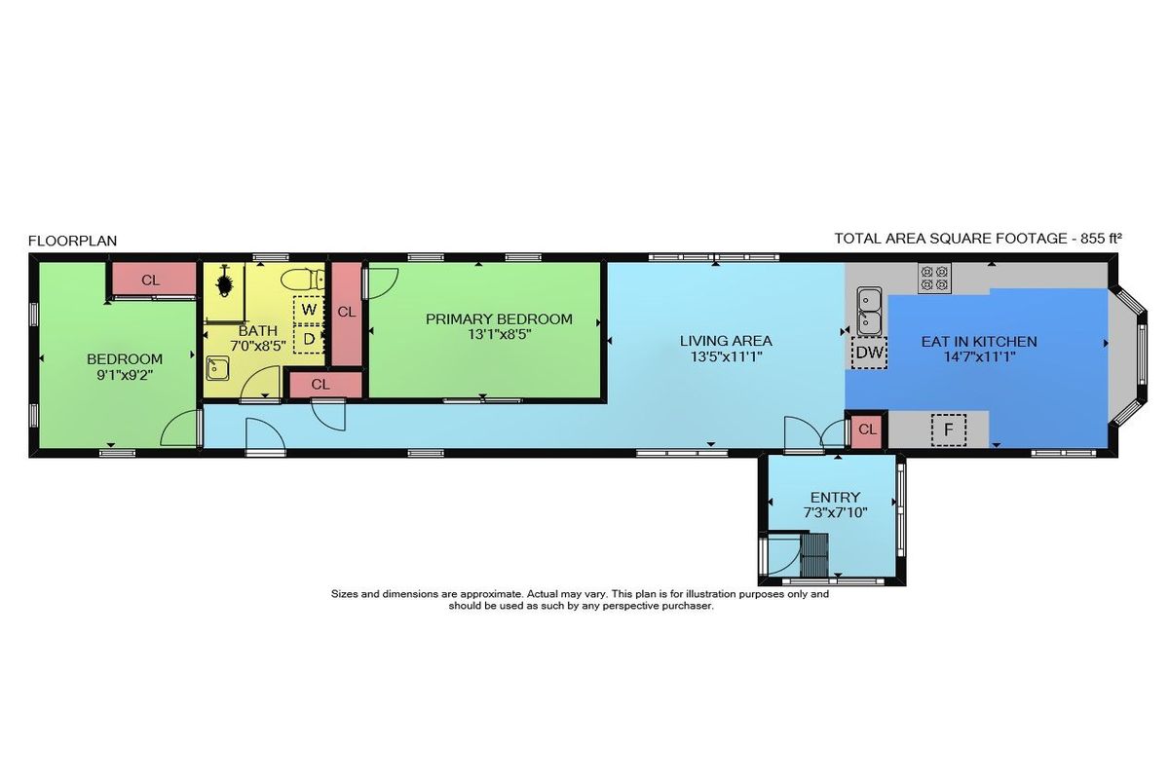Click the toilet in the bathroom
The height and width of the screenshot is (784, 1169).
pyautogui.click(x=302, y=280)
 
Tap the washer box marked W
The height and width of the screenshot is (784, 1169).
pyautogui.click(x=309, y=310)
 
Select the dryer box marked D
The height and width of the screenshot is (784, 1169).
pyautogui.click(x=309, y=339)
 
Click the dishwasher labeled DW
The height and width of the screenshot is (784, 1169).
pyautogui.click(x=869, y=353)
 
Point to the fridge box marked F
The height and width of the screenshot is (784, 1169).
pyautogui.click(x=948, y=429)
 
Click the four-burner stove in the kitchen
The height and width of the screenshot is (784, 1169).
pyautogui.click(x=934, y=278)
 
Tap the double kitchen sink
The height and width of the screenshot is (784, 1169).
pyautogui.click(x=869, y=312)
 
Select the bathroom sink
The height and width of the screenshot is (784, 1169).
pyautogui.click(x=217, y=368)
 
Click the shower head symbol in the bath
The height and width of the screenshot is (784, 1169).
pyautogui.click(x=225, y=282)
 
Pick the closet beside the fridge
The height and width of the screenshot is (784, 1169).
pyautogui.click(x=867, y=429)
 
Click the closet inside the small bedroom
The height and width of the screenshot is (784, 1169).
pyautogui.click(x=151, y=280)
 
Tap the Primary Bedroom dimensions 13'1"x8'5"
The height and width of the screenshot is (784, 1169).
pyautogui.click(x=499, y=334)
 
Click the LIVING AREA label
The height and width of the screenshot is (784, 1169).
pyautogui.click(x=726, y=341)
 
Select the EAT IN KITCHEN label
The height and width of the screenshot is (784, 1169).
pyautogui.click(x=979, y=342)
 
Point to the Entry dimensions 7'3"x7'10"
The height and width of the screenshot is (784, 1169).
pyautogui.click(x=835, y=512)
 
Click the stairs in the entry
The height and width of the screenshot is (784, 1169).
pyautogui.click(x=814, y=553)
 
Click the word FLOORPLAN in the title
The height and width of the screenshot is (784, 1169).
pyautogui.click(x=72, y=241)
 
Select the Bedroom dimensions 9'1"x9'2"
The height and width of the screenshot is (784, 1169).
pyautogui.click(x=125, y=375)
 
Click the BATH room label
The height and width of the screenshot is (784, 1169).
pyautogui.click(x=258, y=331)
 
